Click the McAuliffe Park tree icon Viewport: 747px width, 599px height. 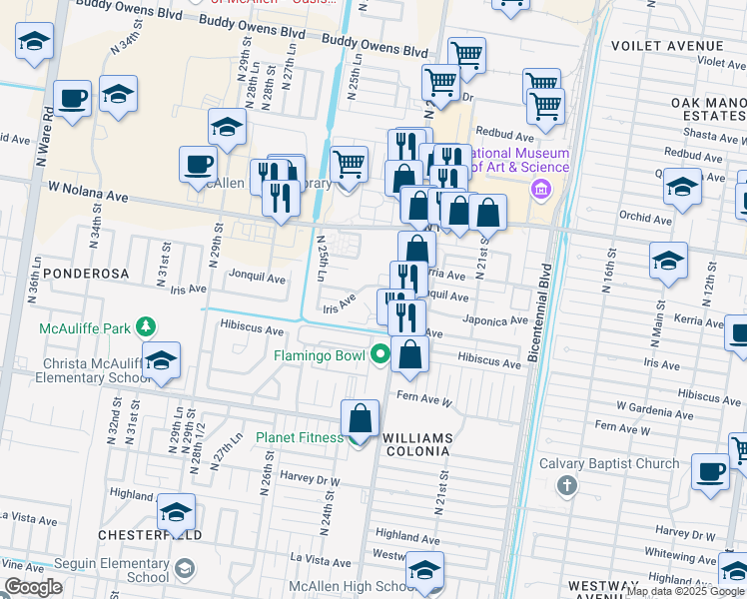click(x=147, y=327)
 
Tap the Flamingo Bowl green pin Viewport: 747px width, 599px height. click(x=379, y=353)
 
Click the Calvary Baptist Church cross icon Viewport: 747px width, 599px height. click(x=566, y=485)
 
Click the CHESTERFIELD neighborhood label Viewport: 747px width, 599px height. click(x=150, y=535)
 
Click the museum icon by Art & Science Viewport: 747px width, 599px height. click(x=541, y=190)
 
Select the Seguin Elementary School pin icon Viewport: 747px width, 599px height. click(x=184, y=570)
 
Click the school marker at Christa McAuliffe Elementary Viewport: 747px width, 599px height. click(x=160, y=361)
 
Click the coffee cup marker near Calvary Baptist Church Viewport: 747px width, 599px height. click(x=710, y=471)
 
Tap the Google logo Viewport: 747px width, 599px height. click(x=33, y=587)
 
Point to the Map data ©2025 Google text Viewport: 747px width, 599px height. click(x=685, y=591)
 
